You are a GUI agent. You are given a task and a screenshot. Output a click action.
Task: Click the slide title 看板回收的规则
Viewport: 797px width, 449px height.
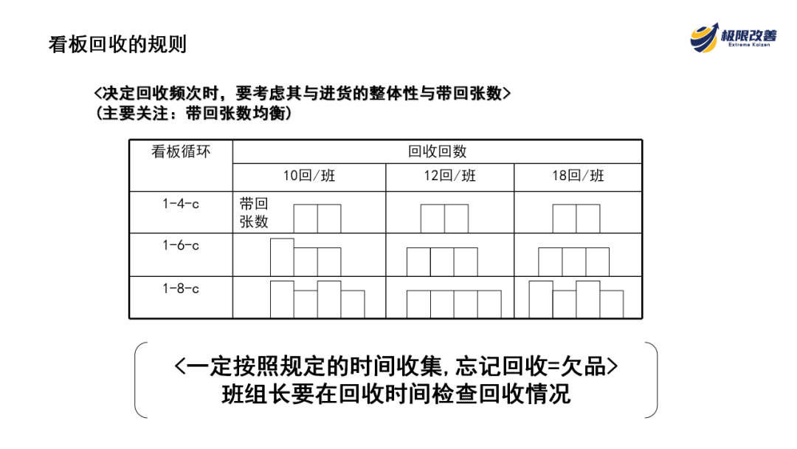pos(117,44)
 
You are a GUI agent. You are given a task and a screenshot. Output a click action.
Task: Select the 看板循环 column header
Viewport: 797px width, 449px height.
pos(181,151)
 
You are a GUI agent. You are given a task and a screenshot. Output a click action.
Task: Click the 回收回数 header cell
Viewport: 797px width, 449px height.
pos(437,151)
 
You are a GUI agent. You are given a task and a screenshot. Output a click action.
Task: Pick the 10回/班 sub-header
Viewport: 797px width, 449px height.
pos(309,176)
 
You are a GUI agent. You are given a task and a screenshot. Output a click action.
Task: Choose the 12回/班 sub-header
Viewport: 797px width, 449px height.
pos(449,176)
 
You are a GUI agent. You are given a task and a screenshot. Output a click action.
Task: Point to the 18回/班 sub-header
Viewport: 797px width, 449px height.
pos(578,176)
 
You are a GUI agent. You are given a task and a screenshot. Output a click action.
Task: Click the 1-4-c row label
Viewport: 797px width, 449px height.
pos(181,204)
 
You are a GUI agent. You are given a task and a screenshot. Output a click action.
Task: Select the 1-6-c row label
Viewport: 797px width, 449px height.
pos(181,245)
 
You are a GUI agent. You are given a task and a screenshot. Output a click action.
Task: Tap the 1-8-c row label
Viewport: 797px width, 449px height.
pos(181,288)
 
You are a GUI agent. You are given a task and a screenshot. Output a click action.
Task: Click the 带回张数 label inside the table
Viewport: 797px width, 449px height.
pos(254,213)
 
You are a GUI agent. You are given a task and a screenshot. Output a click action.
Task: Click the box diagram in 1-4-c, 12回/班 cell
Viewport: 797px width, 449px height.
pos(444,219)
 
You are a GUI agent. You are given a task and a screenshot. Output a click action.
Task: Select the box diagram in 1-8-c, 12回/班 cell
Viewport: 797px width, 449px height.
pos(454,304)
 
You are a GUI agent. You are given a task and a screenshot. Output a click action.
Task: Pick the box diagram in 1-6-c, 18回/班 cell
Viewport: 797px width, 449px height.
pos(573,261)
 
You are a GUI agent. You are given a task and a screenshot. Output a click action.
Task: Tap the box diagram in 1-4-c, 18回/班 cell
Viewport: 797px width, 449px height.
pos(576,219)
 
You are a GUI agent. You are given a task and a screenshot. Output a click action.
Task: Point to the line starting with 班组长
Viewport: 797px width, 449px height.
pos(396,394)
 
